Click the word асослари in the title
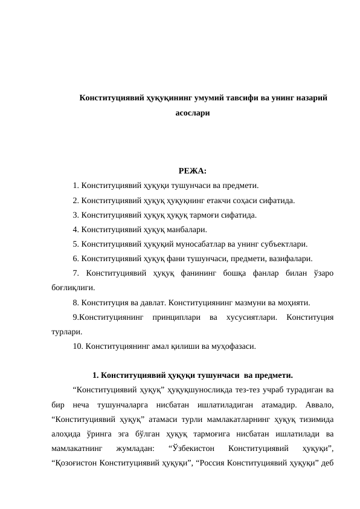193,112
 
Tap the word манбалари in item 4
184,230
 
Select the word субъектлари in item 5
284,244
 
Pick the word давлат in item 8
155,303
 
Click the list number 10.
77,347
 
